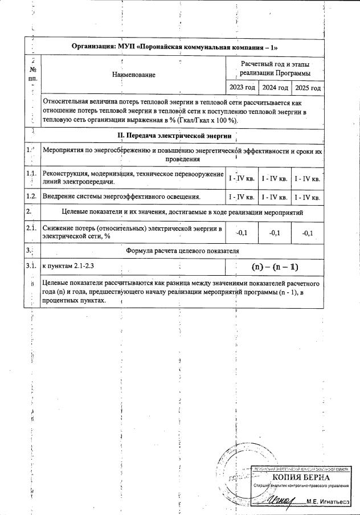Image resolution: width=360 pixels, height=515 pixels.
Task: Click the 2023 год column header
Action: coord(242,88)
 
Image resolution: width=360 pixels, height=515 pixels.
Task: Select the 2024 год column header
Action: coord(275,88)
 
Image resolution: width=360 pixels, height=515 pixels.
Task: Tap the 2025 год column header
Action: coord(308,88)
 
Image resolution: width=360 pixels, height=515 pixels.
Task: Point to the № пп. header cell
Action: coord(32,73)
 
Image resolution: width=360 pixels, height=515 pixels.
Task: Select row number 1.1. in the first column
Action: coord(32,174)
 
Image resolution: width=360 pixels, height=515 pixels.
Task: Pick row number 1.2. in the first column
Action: coord(32,197)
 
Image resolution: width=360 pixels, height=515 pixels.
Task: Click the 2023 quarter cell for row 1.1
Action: coord(242,179)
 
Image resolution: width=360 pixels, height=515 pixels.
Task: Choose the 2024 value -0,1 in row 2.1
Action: coord(274,232)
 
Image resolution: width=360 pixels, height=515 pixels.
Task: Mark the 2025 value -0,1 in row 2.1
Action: coord(308,232)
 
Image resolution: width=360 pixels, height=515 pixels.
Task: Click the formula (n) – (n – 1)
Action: coord(275,267)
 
